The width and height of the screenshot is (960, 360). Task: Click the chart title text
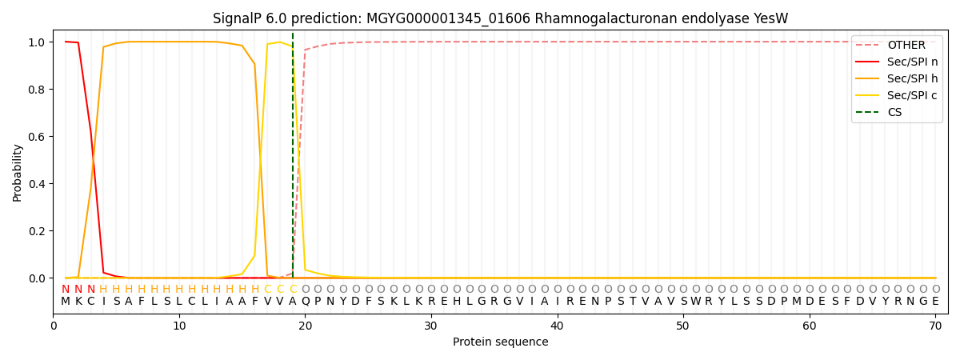[500, 18]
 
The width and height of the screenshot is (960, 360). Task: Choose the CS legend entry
[894, 113]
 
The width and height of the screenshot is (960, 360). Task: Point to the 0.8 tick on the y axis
[37, 90]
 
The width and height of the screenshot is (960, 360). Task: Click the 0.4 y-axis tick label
[37, 184]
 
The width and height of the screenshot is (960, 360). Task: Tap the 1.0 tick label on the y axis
[37, 42]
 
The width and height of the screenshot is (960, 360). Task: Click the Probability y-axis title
[18, 173]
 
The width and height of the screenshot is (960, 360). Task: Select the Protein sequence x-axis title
[500, 342]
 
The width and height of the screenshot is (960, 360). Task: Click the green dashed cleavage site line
[293, 160]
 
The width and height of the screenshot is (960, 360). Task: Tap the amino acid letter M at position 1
[66, 302]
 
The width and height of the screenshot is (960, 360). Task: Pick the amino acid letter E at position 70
[935, 302]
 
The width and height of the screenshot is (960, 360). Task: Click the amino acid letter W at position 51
[696, 302]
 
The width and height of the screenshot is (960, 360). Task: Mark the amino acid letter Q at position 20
[306, 302]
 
